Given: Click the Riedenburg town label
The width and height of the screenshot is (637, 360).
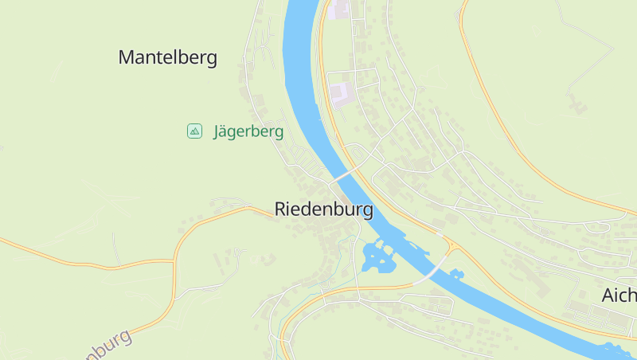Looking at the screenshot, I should coord(323,209).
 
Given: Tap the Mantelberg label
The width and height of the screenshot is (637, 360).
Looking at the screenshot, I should coord(167,57).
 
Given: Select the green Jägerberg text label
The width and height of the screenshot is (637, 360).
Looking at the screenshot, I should coord(248,131).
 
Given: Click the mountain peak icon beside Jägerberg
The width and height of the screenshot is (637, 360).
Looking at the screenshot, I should coord(194,131).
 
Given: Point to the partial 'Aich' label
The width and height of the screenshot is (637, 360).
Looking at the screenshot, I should coord(619,295).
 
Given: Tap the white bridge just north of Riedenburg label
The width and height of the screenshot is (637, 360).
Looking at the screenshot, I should coord(345,173).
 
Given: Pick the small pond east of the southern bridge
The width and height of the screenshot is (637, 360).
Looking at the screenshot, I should coord(456,275).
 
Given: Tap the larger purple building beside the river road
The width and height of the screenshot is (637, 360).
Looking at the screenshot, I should coord(340,95).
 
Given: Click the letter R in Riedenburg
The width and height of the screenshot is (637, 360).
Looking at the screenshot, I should coord(280,209).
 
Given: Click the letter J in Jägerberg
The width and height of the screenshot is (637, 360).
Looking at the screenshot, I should coord(217,131).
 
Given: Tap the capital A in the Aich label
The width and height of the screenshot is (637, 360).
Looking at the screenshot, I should coord(608,295).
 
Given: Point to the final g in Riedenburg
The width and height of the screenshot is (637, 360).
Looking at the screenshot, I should coord(366,212).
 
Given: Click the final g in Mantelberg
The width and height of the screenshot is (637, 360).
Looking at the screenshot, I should coord(211,60).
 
